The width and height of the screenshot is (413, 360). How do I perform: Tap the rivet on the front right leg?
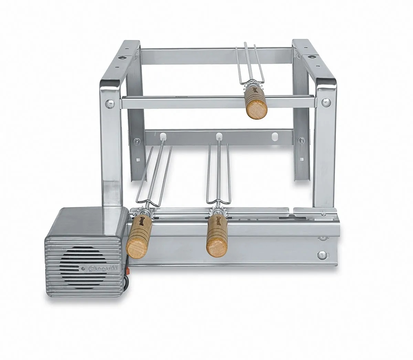tap(324, 102)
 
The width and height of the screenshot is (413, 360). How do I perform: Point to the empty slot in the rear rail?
tap(274, 136)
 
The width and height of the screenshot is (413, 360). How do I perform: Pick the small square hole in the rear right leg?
tap(301, 160)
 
